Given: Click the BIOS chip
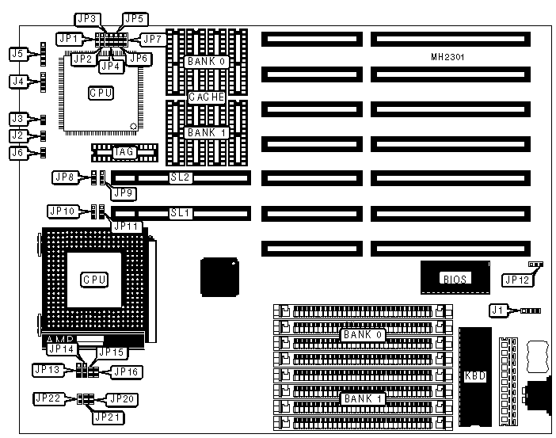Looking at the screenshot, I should [x=453, y=278].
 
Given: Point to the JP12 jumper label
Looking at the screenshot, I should [x=516, y=279].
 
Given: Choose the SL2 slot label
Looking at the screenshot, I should [x=180, y=178].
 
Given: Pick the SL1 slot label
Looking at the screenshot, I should [x=180, y=213].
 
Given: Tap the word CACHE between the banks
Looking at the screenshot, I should [x=206, y=97].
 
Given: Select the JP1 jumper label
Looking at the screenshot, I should [x=69, y=37].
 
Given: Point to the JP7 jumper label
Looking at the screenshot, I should [x=151, y=37].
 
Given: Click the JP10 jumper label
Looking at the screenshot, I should [x=62, y=211].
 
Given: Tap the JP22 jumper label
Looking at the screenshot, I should [x=47, y=398].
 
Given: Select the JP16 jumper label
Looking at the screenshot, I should [x=125, y=370].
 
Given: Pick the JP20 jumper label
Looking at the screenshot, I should [x=122, y=398].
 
